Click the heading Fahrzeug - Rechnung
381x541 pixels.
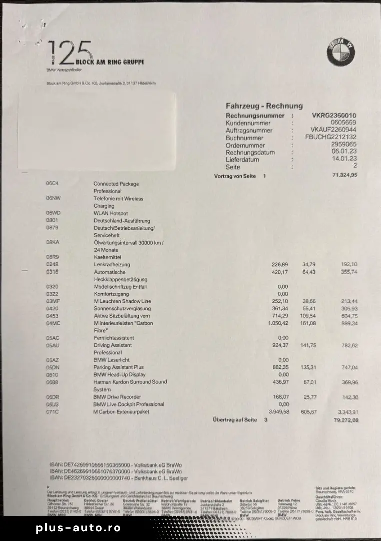(264, 106)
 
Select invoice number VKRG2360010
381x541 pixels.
(334, 116)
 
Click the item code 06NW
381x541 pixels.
(53, 198)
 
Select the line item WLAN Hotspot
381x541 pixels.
(111, 213)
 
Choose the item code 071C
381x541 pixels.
(52, 411)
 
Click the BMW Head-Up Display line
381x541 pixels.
(119, 374)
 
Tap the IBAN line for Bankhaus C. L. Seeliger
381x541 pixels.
(118, 478)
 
